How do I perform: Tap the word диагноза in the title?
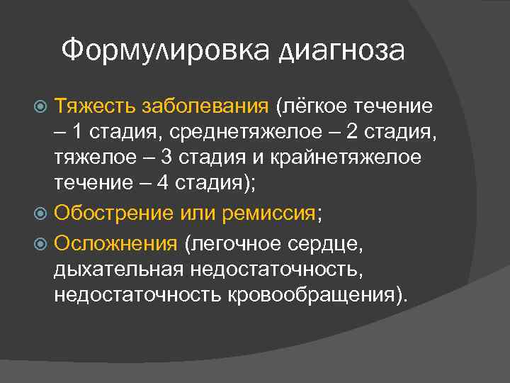pos(342,52)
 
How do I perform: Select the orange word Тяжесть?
pos(96,106)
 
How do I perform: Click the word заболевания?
pos(205,106)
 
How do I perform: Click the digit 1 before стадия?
pos(76,132)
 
